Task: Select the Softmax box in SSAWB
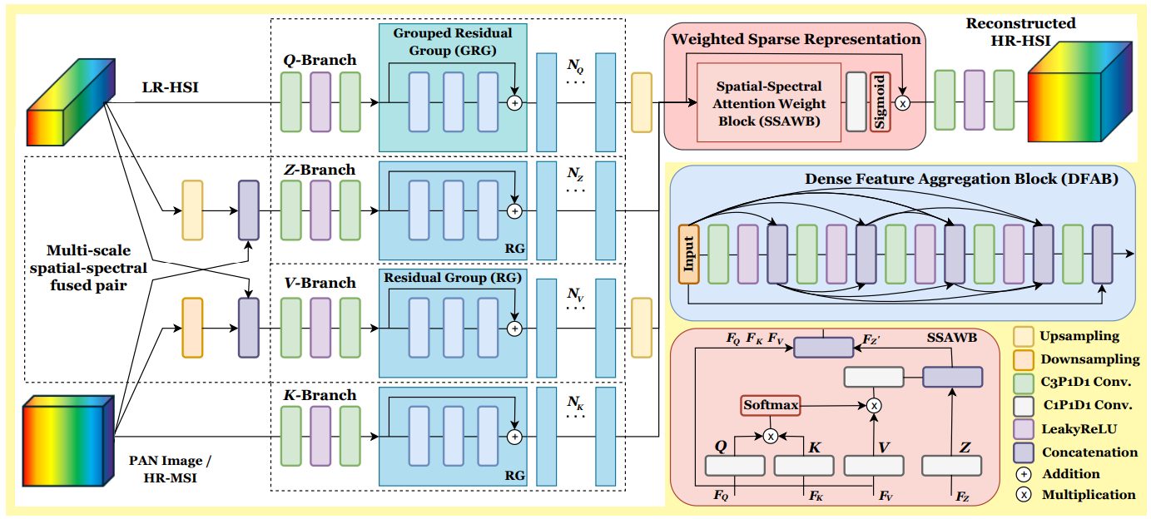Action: pyautogui.click(x=771, y=406)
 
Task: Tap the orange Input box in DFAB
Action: pyautogui.click(x=688, y=254)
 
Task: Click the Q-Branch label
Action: pyautogui.click(x=320, y=60)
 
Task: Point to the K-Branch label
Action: pyautogui.click(x=320, y=395)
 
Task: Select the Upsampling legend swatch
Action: pyautogui.click(x=1024, y=337)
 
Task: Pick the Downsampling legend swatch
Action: pyautogui.click(x=1024, y=360)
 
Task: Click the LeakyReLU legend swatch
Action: pyautogui.click(x=1024, y=429)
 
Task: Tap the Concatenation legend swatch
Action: pyautogui.click(x=1024, y=452)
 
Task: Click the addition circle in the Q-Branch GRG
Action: pyautogui.click(x=514, y=103)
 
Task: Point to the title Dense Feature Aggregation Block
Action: pyautogui.click(x=960, y=179)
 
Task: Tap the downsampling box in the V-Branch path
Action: pyautogui.click(x=192, y=328)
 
